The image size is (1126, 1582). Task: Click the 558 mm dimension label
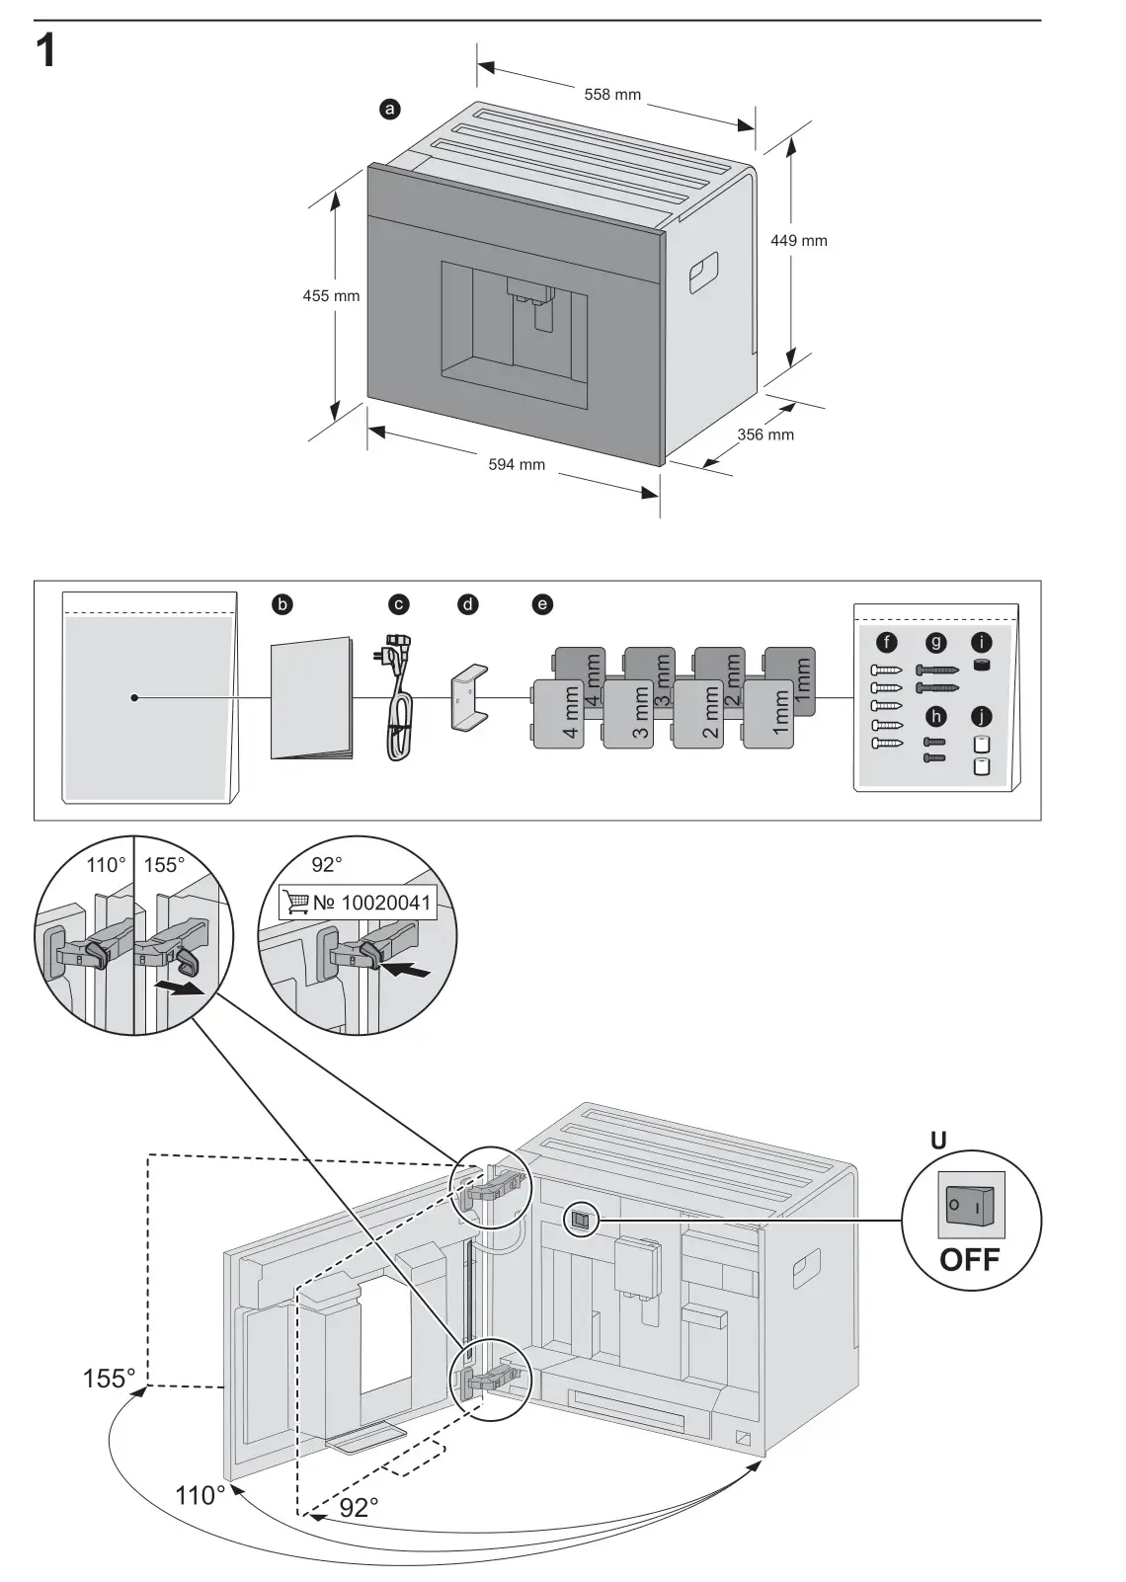point(612,95)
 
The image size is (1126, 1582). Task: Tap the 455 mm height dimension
point(331,295)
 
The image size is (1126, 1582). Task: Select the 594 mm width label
point(517,464)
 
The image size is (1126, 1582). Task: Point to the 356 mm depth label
point(765,435)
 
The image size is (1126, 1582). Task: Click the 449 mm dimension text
point(798,241)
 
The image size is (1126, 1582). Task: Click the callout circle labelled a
point(390,110)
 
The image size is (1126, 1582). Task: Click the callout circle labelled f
point(887,644)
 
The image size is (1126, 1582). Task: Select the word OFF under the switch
point(969,1260)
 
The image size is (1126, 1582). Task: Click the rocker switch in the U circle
point(970,1206)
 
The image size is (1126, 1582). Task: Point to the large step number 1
point(45,51)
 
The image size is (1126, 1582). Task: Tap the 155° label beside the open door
point(109,1378)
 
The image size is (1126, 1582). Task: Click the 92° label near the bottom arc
point(359,1507)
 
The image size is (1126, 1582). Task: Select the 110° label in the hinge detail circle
point(106,865)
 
